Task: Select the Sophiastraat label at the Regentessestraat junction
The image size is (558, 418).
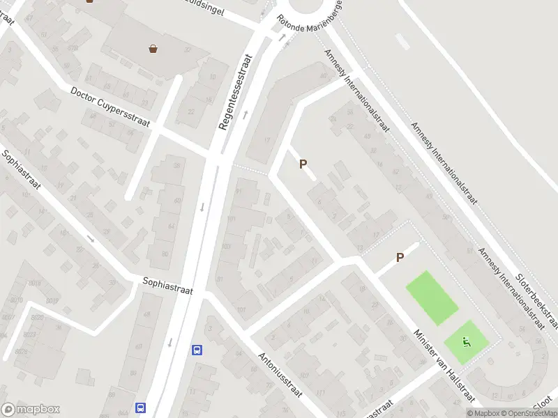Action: point(167,286)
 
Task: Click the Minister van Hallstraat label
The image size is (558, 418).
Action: point(444,365)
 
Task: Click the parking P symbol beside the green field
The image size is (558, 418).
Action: point(400,258)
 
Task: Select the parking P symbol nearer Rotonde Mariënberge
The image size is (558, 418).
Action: point(303,164)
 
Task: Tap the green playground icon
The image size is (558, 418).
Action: point(467,341)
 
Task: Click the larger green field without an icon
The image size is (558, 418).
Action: point(432,297)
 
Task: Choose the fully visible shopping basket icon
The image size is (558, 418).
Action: point(153,49)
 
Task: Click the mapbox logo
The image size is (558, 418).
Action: point(31,410)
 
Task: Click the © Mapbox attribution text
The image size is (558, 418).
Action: point(483,413)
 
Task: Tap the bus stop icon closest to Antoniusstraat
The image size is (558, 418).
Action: point(197,350)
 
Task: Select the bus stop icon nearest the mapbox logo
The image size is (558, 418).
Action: point(141,408)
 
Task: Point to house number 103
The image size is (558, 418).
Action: point(226,247)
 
